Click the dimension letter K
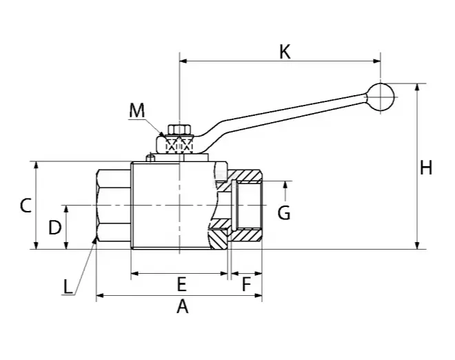(x=285, y=52)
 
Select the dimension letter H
(x=426, y=168)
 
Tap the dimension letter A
(x=182, y=307)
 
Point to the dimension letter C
(x=26, y=206)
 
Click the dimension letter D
(x=55, y=228)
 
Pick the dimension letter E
(x=181, y=284)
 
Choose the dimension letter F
(x=246, y=284)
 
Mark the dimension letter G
(x=284, y=212)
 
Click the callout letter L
(x=68, y=286)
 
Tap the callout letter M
(x=136, y=110)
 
